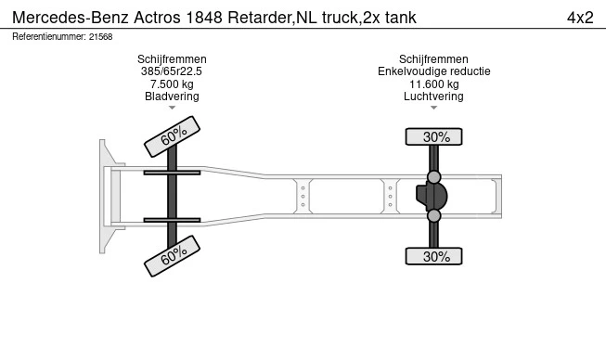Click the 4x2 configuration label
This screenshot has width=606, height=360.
pos(580,18)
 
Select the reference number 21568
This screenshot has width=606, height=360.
pos(100,37)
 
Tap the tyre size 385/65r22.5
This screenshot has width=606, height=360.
pos(172,71)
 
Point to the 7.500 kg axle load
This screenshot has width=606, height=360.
pos(172,84)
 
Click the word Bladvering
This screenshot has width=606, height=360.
pos(172,96)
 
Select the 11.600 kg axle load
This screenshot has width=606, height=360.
pos(434,84)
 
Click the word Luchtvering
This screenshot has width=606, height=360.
pos(433,96)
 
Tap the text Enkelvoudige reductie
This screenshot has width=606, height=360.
pos(434,71)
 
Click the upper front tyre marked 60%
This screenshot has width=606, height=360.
pos(172,136)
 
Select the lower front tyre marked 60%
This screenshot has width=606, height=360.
pos(172,256)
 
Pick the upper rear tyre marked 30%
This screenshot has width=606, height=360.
pos(433,136)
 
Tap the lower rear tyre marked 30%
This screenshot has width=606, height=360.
pos(433,256)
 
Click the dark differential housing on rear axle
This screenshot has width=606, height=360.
pos(432,196)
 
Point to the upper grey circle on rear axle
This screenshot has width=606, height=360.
pos(433,177)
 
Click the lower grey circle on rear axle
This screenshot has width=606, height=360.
pos(433,215)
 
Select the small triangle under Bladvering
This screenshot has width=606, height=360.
pos(172,108)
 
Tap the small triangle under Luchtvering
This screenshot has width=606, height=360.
pos(433,108)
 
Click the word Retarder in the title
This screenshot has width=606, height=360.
pos(260,18)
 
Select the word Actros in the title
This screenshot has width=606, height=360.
pos(157,18)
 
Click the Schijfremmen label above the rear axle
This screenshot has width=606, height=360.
pos(433,59)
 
